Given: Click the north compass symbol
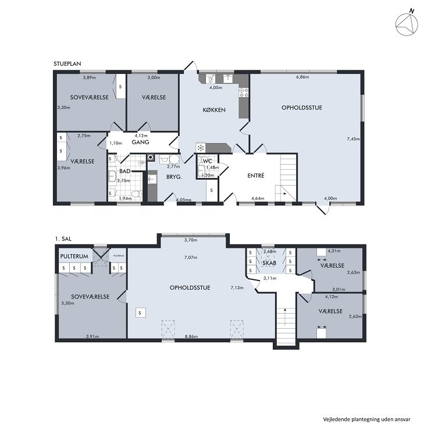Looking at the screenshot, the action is (x=407, y=24).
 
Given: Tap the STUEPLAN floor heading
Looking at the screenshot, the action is (x=67, y=64).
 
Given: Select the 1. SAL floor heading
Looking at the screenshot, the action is (x=63, y=239).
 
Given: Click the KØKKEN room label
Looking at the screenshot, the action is (x=214, y=110).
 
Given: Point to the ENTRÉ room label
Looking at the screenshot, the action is (x=255, y=175).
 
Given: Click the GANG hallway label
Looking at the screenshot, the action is (x=140, y=142).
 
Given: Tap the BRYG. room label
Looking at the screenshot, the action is (x=174, y=177).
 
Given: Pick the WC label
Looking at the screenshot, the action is (x=208, y=161).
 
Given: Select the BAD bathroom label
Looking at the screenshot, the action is (x=125, y=171).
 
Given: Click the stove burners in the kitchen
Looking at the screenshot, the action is (x=244, y=93).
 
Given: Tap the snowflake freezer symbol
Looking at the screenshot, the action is (x=201, y=148).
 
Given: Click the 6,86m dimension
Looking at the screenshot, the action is (x=302, y=77).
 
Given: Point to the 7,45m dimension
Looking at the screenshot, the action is (x=353, y=139).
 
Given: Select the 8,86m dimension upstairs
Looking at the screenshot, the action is (x=191, y=336).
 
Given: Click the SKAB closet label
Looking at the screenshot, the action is (x=269, y=263).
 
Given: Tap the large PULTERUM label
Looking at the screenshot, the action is (x=74, y=257).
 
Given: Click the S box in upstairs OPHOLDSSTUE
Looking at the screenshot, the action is (x=140, y=313).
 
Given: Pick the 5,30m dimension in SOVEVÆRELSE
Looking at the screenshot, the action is (x=67, y=303).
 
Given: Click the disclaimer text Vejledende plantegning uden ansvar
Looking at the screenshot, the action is (x=366, y=420).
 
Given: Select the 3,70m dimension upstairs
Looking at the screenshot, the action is (x=191, y=240).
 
